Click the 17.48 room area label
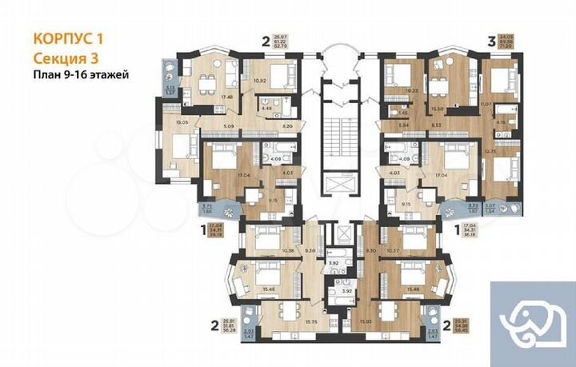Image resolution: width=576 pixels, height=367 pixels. click(227, 97)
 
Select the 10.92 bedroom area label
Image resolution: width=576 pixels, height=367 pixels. click(258, 82)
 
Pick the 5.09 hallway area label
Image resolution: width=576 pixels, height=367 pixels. click(230, 126)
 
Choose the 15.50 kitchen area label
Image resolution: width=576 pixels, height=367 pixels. click(438, 108)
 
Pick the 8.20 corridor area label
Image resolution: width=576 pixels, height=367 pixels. click(286, 126)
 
